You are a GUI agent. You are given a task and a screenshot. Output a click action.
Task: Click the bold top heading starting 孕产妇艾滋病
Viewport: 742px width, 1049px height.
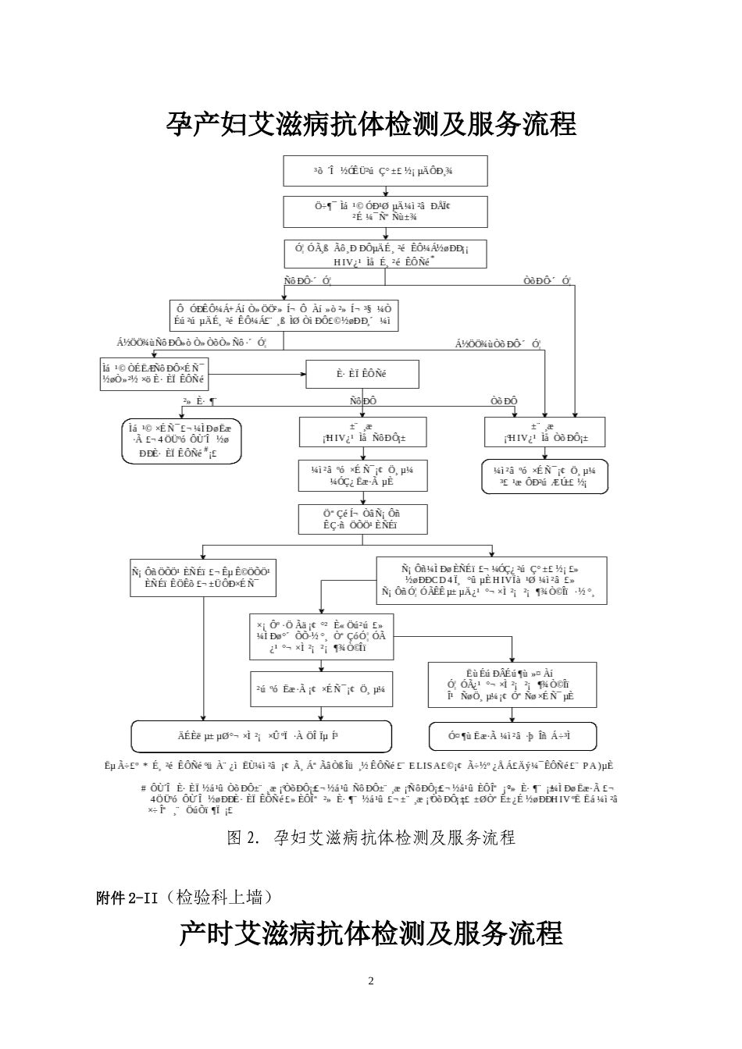(371, 124)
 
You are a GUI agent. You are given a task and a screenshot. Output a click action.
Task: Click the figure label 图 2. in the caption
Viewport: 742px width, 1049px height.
(242, 837)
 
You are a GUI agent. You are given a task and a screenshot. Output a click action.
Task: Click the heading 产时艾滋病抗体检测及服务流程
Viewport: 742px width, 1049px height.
(371, 933)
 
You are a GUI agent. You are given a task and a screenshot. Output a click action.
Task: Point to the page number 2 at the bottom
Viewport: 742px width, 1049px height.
(371, 981)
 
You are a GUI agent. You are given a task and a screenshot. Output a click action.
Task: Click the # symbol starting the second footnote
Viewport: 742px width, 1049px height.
(144, 788)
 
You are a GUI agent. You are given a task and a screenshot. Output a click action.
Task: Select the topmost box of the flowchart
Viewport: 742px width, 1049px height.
(385, 170)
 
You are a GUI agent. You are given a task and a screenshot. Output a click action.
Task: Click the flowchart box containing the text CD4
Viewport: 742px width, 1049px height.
(491, 581)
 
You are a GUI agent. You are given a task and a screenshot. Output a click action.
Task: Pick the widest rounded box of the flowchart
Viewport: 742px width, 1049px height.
(261, 736)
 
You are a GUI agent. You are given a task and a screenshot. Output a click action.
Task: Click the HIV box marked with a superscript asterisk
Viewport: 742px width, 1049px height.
(385, 255)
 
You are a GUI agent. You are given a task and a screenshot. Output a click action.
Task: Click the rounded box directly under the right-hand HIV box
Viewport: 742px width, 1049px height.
(544, 476)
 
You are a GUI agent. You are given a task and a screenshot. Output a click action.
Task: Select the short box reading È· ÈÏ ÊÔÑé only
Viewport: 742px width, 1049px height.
(362, 374)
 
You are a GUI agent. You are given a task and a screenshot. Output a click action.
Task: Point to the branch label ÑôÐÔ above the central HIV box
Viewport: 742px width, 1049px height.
(363, 401)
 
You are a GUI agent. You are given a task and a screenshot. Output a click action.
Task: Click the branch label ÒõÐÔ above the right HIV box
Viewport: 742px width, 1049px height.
(504, 401)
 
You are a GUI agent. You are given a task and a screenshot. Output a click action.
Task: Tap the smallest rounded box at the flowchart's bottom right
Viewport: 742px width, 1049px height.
(513, 736)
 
